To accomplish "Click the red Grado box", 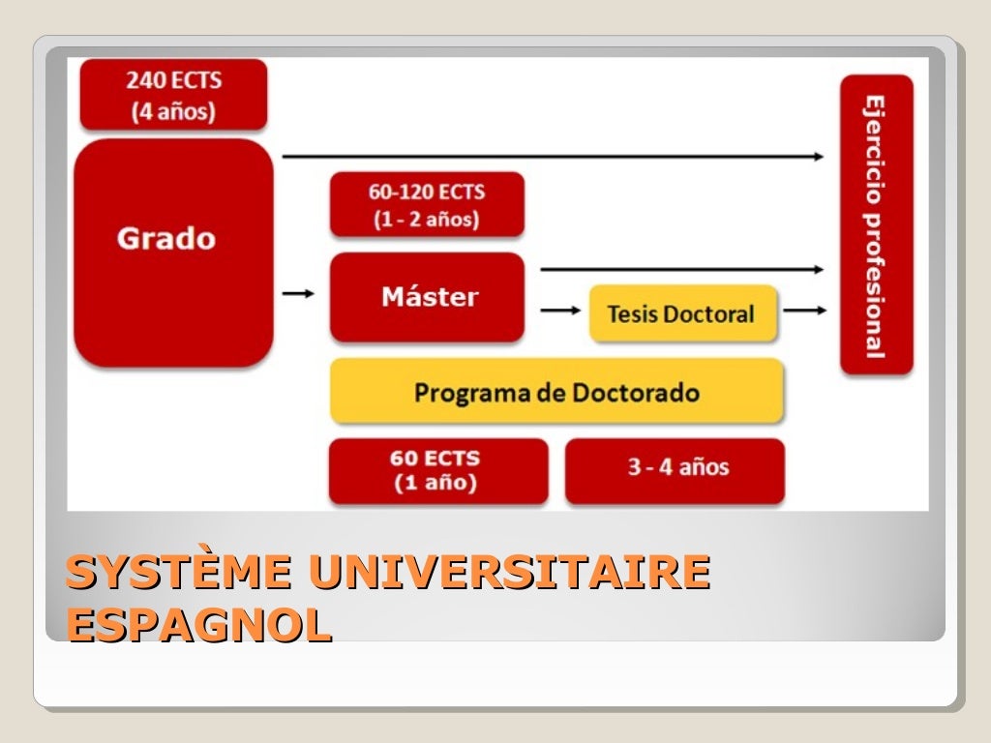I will click(x=173, y=252).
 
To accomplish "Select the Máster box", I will click(x=427, y=297).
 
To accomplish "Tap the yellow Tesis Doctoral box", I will click(x=682, y=313).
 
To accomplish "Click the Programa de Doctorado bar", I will click(x=556, y=392).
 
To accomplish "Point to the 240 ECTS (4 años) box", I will click(x=173, y=95).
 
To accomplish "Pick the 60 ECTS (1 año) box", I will click(x=437, y=470).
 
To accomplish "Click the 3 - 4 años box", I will click(x=675, y=470).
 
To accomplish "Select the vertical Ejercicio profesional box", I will click(x=876, y=224).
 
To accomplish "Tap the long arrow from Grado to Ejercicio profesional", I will click(x=552, y=156).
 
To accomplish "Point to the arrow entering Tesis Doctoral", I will click(x=559, y=311).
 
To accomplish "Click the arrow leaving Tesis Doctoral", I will click(x=805, y=311).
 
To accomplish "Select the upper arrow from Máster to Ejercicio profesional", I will click(x=681, y=269).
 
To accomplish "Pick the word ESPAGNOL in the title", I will click(x=199, y=626).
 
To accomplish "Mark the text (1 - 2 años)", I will click(x=427, y=219).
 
